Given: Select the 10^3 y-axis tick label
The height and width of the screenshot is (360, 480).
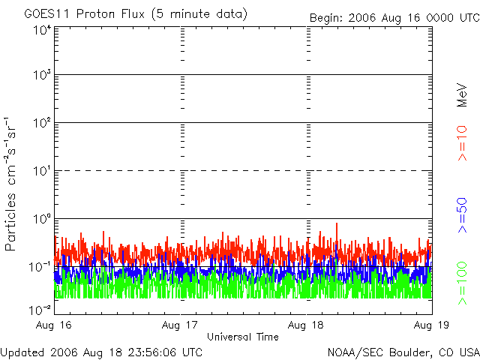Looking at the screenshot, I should [x=41, y=75].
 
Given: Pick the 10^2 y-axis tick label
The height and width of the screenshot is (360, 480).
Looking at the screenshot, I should [x=41, y=123].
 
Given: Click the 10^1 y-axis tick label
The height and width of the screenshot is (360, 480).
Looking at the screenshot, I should [x=41, y=171].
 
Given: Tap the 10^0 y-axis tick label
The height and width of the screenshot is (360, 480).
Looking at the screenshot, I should [x=41, y=219].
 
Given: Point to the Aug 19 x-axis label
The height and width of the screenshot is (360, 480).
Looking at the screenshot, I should [x=430, y=325].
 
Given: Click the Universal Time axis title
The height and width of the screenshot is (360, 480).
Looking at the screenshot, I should [x=243, y=337].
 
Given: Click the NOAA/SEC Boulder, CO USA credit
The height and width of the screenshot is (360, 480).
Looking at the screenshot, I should [x=403, y=352].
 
